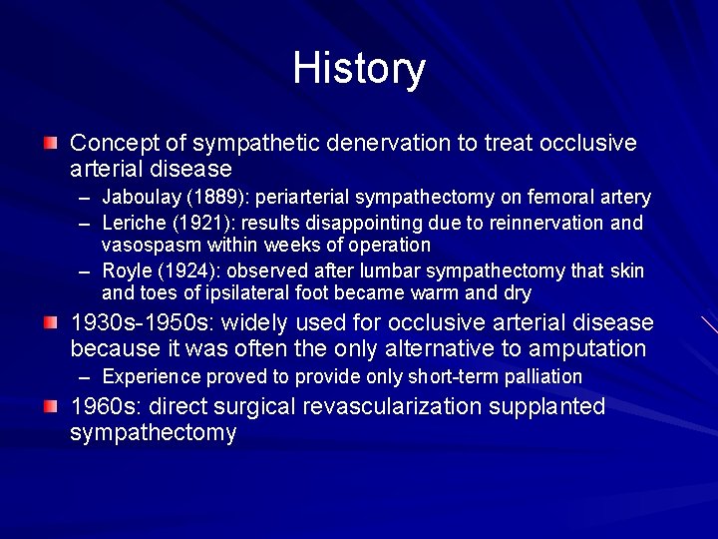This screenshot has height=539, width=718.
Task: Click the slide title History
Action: tap(359, 69)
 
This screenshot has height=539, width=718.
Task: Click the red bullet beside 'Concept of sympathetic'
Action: tap(50, 145)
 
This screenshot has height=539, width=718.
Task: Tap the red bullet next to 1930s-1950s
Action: tap(50, 324)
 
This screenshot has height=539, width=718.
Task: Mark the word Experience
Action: tap(148, 376)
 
